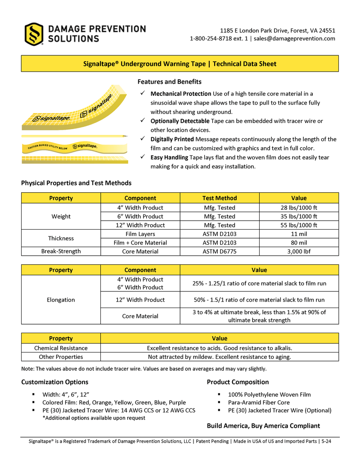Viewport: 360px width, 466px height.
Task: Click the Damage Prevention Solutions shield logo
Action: pos(34,34)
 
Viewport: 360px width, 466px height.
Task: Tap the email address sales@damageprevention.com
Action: pos(294,39)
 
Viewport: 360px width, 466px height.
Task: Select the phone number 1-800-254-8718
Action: pos(210,39)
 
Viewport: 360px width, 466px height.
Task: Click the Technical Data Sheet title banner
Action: pos(180,64)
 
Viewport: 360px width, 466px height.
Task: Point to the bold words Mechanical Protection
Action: pos(180,94)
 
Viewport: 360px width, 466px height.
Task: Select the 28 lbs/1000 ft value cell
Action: pos(299,208)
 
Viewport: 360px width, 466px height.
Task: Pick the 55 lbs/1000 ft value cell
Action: pos(299,225)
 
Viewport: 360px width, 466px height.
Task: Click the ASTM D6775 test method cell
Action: pos(220,251)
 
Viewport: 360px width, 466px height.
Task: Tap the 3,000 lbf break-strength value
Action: pos(299,251)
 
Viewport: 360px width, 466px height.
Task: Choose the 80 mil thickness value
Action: pos(299,243)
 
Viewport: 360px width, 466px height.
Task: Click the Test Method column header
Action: pos(220,198)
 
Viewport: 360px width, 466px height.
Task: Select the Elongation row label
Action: pos(61,299)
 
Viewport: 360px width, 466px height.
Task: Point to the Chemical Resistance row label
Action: pos(61,348)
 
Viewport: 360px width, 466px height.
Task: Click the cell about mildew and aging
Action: pos(220,357)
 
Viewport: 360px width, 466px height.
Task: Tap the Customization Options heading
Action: pos(55,382)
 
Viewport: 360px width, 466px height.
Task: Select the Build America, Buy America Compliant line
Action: pos(263,426)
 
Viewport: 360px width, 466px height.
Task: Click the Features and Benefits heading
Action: pos(169,82)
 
